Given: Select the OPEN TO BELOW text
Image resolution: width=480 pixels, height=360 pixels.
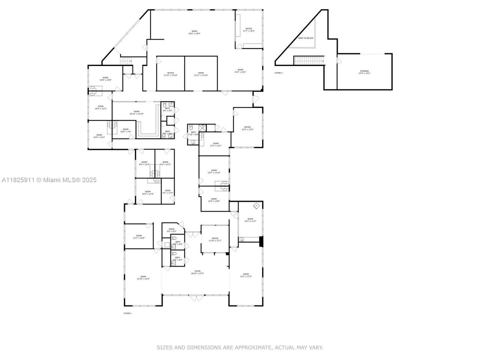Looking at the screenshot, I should pyautogui.click(x=306, y=38).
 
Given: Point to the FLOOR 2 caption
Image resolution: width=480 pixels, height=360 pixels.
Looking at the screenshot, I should pyautogui.click(x=279, y=73).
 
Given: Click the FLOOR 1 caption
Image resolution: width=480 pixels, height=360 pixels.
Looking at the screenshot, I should pyautogui.click(x=127, y=313).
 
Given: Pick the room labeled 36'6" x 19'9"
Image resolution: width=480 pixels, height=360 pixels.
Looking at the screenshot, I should pyautogui.click(x=194, y=32).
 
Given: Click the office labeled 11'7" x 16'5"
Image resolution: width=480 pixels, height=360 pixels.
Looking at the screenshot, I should pyautogui.click(x=249, y=30).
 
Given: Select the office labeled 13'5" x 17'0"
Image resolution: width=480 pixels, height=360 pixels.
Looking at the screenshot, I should pyautogui.click(x=247, y=128).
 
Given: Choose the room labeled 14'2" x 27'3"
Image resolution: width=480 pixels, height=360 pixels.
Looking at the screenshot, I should pyautogui.click(x=246, y=275).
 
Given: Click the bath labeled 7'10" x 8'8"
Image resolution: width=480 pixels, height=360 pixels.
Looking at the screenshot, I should pyautogui.click(x=193, y=133).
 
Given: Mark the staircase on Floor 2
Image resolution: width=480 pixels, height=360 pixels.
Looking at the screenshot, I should pyautogui.click(x=309, y=60).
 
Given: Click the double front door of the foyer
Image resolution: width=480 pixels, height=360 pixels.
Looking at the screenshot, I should pyautogui.click(x=195, y=298).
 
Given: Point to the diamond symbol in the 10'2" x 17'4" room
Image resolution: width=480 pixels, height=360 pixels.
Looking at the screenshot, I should pyautogui.click(x=256, y=205).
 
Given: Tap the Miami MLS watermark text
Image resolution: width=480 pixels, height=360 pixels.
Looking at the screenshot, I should pyautogui.click(x=49, y=180).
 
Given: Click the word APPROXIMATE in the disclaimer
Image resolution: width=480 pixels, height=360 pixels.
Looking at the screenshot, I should pyautogui.click(x=253, y=348).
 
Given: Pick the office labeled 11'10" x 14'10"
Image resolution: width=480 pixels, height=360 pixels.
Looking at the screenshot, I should pyautogui.click(x=170, y=74).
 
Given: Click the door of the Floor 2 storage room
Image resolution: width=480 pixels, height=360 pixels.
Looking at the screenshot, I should pyautogui.click(x=339, y=60).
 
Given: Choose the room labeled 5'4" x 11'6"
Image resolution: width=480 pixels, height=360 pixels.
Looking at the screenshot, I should pyautogui.click(x=167, y=192).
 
